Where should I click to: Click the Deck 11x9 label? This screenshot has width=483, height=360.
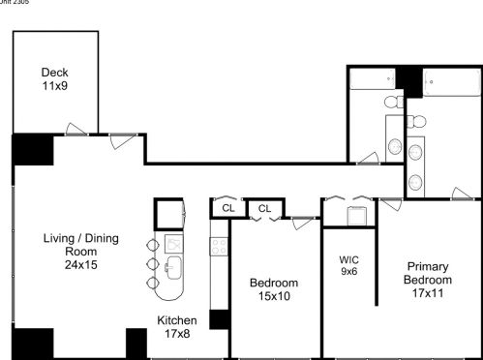click(53, 78)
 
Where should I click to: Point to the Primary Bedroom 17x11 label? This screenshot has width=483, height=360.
click(427, 280)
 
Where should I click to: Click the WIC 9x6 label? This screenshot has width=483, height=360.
click(349, 266)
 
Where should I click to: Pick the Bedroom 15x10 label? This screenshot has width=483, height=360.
click(274, 288)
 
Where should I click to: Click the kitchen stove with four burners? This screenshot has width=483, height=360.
click(219, 246)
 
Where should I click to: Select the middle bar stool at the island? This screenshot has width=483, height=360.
click(151, 263)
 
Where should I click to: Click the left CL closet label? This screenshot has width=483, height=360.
click(228, 208)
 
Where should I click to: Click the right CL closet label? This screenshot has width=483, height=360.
click(264, 208)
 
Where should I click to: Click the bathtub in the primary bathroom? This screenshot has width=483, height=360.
click(447, 79)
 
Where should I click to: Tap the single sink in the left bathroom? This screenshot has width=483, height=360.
click(395, 146)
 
